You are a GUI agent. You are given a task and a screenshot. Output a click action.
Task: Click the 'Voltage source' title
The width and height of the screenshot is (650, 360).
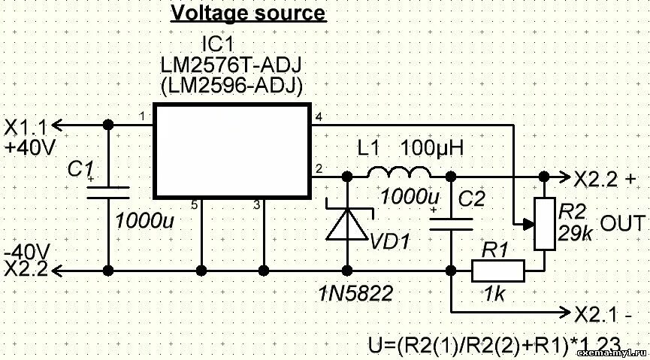coord(248,14)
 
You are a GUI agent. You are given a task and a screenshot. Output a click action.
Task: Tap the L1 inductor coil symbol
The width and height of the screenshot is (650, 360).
coord(398,174)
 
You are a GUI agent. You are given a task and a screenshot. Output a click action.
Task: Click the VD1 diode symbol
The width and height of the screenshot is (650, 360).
coord(347,224)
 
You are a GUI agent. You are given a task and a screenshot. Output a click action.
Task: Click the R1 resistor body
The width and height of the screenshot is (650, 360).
coord(497,271)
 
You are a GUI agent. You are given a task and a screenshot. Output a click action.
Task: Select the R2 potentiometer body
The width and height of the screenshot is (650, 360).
coord(542,224)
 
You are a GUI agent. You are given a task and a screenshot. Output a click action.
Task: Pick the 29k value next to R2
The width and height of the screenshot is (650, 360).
coord(574,234)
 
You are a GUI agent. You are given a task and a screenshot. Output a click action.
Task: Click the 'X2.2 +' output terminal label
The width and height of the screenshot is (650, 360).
coord(605,178)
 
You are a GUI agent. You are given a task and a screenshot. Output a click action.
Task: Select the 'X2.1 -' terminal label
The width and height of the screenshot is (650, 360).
coord(603,313)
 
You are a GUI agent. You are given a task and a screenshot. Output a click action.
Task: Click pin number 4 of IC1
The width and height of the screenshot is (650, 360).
coord(319,117)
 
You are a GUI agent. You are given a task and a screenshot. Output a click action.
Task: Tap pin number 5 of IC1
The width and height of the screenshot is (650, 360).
coord(194,204)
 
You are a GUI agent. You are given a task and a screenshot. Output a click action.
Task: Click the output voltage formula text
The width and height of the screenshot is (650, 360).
coord(492,345)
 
